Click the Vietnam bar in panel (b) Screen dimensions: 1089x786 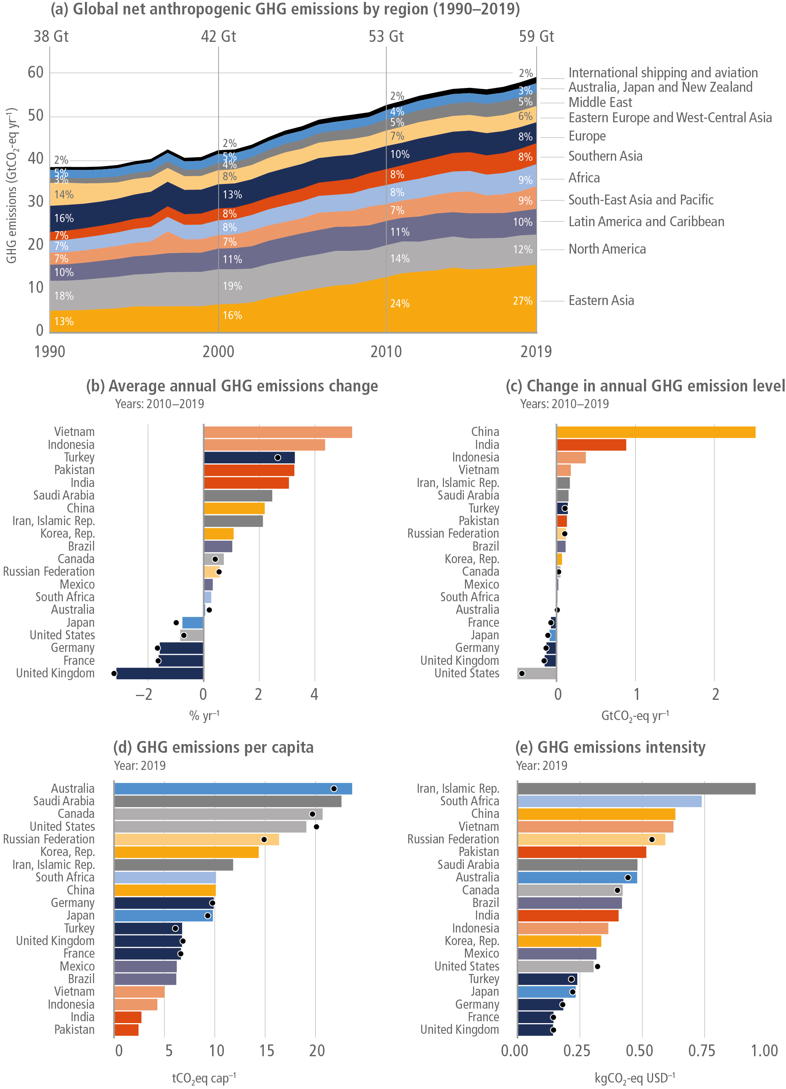point(278,432)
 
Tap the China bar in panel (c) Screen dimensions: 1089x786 point(655,432)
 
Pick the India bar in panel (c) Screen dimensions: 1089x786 point(591,445)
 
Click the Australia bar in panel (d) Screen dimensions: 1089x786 point(233,789)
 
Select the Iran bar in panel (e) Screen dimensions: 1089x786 point(636,789)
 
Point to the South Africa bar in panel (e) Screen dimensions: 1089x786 point(609,801)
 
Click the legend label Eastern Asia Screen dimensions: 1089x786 point(601,300)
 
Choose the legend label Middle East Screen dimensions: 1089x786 point(600,102)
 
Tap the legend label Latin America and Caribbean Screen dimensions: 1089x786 point(646,222)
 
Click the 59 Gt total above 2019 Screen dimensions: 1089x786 point(536,37)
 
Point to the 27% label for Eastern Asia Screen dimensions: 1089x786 point(522,301)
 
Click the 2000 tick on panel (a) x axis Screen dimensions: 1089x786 point(219,351)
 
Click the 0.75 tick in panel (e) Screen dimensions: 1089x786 point(701,1051)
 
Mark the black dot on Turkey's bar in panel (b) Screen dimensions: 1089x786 point(278,458)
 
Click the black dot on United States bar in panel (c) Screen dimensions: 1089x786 point(522,674)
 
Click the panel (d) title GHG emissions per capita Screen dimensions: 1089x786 point(213,747)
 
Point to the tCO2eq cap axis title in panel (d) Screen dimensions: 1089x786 point(204,1078)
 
